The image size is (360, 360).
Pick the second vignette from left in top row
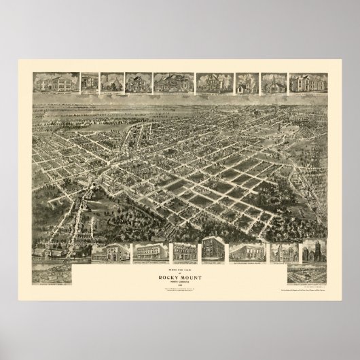[x=89, y=82]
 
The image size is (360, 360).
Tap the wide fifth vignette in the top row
[x=173, y=82]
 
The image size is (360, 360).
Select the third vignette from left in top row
[x=110, y=82]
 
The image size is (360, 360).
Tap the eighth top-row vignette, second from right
[x=273, y=82]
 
